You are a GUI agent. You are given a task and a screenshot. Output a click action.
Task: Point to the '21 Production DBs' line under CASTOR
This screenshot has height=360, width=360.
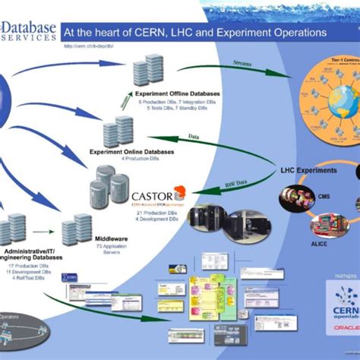[x=153, y=213]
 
